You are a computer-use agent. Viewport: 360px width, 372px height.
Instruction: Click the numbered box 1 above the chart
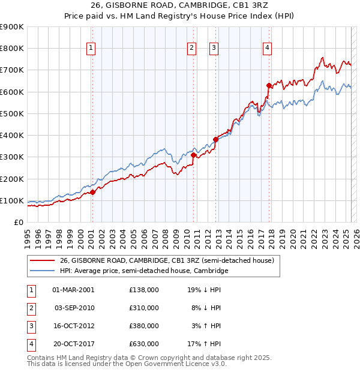pos(91,49)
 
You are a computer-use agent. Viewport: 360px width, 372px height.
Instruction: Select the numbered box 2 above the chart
pos(191,49)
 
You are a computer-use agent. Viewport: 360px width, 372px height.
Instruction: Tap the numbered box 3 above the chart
pos(214,49)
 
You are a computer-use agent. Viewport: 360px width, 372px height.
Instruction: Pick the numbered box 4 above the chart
pos(267,49)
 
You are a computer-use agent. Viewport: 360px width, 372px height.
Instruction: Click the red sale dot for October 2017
pos(269,85)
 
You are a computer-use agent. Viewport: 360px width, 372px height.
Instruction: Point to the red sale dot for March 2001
pos(92,192)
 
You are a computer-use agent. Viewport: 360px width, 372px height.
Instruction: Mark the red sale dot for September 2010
pos(193,155)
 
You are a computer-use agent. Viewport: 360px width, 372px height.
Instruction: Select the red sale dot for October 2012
pos(215,139)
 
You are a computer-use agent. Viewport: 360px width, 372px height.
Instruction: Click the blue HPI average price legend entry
pos(144,271)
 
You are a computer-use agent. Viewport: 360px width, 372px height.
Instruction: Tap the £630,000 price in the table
pos(144,344)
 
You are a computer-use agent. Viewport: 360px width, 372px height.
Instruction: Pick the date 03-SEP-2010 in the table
pos(74,308)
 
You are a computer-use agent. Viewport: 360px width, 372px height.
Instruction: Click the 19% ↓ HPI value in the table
pos(204,290)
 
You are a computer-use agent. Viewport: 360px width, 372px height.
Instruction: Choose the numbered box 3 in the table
pos(30,326)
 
